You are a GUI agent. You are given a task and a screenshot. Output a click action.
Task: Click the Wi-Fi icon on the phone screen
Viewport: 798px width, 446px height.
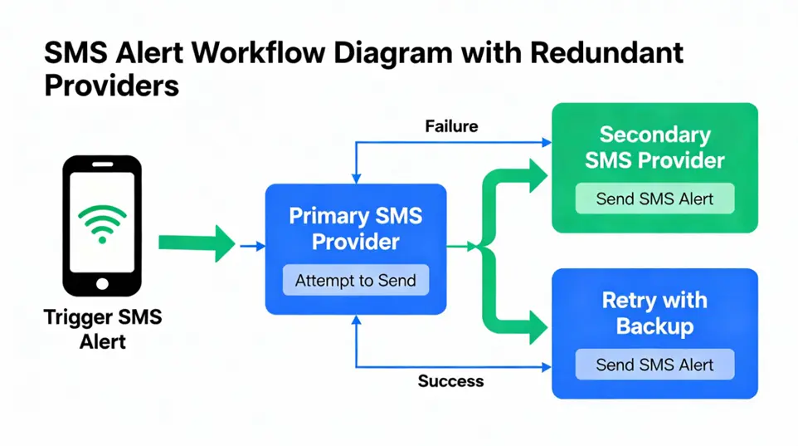(102, 223)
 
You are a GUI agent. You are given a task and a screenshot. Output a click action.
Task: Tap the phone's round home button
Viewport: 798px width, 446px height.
(102, 283)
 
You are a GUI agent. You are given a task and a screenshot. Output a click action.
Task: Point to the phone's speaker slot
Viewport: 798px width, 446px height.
(102, 164)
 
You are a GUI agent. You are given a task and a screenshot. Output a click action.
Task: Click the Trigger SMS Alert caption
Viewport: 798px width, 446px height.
(103, 329)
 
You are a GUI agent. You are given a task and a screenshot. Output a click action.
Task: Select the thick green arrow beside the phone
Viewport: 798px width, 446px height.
(197, 243)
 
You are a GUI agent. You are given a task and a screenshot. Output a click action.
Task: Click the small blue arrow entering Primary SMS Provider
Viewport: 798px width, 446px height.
(252, 246)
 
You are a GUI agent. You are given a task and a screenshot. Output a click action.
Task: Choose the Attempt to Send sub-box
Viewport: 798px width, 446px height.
(356, 280)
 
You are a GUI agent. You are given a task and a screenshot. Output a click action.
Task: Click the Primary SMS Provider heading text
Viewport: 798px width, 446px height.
(356, 228)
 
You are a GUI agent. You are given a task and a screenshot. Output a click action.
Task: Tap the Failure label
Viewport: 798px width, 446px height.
(451, 126)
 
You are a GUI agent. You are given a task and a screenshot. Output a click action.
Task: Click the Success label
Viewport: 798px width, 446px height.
(450, 380)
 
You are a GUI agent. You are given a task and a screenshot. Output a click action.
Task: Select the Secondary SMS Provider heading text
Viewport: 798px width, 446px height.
(654, 147)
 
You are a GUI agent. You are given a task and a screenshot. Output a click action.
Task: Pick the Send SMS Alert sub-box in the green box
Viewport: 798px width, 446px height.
(655, 198)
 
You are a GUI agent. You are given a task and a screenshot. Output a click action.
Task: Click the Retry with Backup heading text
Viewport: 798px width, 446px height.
(654, 313)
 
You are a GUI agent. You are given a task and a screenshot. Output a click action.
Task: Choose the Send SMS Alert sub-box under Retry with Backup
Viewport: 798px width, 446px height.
(655, 365)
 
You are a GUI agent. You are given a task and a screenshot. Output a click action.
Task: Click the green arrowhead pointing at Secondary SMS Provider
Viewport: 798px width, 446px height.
(538, 176)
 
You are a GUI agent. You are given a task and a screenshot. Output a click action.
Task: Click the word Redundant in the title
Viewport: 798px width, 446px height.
(606, 52)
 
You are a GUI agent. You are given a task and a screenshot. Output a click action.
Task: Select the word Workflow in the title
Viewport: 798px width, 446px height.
(259, 52)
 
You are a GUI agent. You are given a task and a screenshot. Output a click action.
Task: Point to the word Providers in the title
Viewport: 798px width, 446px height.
(111, 86)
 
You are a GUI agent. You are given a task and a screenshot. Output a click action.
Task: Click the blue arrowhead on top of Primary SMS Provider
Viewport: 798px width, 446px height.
(356, 179)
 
